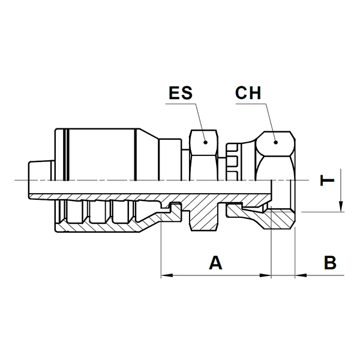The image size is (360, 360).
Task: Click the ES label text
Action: [x=181, y=93]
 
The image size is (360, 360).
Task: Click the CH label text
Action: [x=248, y=93]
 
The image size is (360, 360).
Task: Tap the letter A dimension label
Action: [x=215, y=263]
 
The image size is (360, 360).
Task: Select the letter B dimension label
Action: [x=330, y=263]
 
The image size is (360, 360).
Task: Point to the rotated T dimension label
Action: [x=327, y=180]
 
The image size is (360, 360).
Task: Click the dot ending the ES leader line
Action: [x=205, y=142]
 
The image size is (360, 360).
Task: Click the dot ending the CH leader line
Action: [x=276, y=142]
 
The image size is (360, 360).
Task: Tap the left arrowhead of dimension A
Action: [x=167, y=275]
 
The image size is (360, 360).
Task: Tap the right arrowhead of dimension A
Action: [x=265, y=275]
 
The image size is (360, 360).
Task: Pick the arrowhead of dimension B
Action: [x=301, y=275]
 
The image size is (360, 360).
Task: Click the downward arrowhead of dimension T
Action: [x=341, y=206]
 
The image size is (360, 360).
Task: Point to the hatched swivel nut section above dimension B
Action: [x=283, y=218]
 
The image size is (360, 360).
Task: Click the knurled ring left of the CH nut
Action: [x=234, y=161]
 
